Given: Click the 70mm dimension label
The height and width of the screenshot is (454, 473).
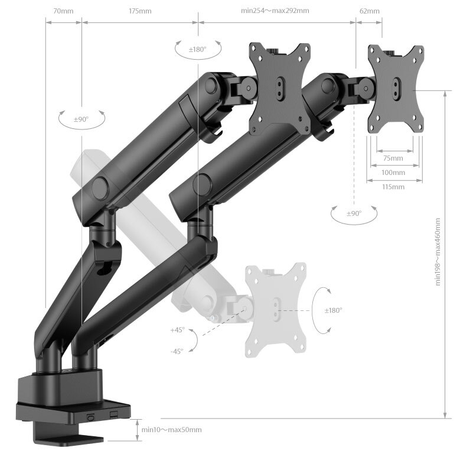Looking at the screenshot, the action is (63, 11).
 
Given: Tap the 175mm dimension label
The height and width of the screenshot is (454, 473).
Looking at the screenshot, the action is (140, 11).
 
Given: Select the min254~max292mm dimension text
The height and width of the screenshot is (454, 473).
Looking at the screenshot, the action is (275, 11).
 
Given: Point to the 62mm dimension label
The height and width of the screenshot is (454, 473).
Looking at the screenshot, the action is (370, 11).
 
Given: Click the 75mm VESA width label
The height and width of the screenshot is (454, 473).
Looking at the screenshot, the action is (393, 158).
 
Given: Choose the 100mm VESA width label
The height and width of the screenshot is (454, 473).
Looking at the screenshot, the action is (393, 173).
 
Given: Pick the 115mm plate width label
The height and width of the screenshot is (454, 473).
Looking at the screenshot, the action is (393, 187).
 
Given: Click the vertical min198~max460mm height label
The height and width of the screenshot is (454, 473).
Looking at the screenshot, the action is (438, 252).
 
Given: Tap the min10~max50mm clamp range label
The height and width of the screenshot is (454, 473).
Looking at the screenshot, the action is (172, 430).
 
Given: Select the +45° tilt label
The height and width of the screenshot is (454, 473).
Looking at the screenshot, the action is (177, 330).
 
